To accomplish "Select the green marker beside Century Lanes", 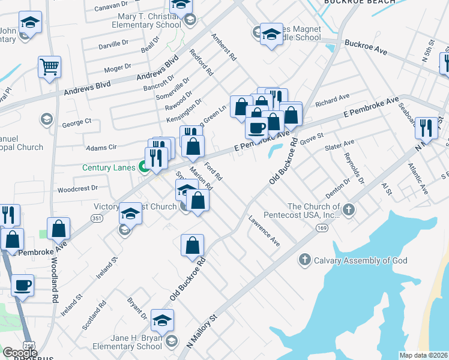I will click(144, 167).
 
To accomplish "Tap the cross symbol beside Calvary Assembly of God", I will click(305, 260).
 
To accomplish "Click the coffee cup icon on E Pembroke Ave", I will click(257, 127).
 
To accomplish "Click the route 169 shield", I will click(322, 228).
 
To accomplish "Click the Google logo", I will click(19, 352).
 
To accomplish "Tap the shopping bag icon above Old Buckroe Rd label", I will click(192, 245).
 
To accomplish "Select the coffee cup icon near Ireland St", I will click(23, 284).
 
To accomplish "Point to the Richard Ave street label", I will click(332, 99).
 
